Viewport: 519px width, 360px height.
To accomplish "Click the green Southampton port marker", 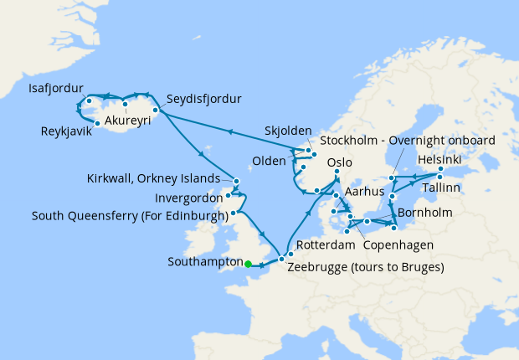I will point(248,265).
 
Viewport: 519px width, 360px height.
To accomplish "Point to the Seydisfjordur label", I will point(203,99).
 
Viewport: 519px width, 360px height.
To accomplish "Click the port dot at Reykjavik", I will point(97,124).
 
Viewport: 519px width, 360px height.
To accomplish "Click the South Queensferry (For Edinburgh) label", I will point(130,215).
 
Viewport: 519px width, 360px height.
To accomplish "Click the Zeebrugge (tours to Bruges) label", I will point(365,268).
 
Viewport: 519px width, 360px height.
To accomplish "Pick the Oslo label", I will point(339,162).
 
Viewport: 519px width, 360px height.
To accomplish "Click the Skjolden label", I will point(287,132).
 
